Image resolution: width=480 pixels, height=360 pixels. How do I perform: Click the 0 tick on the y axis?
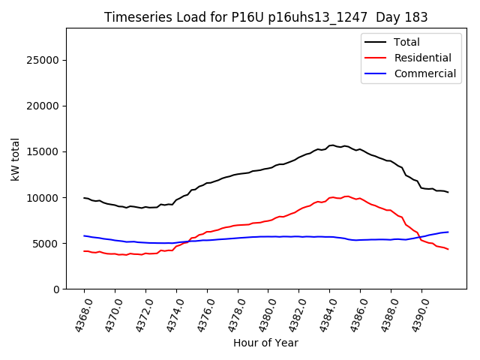[57, 289]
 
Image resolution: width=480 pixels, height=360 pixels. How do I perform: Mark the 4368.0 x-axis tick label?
[79, 313]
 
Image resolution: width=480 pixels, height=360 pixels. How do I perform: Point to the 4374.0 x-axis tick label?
[171, 313]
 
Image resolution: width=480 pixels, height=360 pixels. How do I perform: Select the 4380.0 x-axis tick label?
[262, 313]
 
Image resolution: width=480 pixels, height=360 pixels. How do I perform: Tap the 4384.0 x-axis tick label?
[324, 313]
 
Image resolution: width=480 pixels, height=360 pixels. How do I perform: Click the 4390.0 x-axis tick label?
[416, 313]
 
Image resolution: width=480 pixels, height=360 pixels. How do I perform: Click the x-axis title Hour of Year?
[265, 343]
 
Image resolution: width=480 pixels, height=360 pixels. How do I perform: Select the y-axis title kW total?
[16, 158]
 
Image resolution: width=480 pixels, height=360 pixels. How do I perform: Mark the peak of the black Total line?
[331, 145]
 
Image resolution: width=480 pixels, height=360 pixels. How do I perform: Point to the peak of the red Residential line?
[346, 196]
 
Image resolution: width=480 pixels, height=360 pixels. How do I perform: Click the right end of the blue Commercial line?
[448, 232]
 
